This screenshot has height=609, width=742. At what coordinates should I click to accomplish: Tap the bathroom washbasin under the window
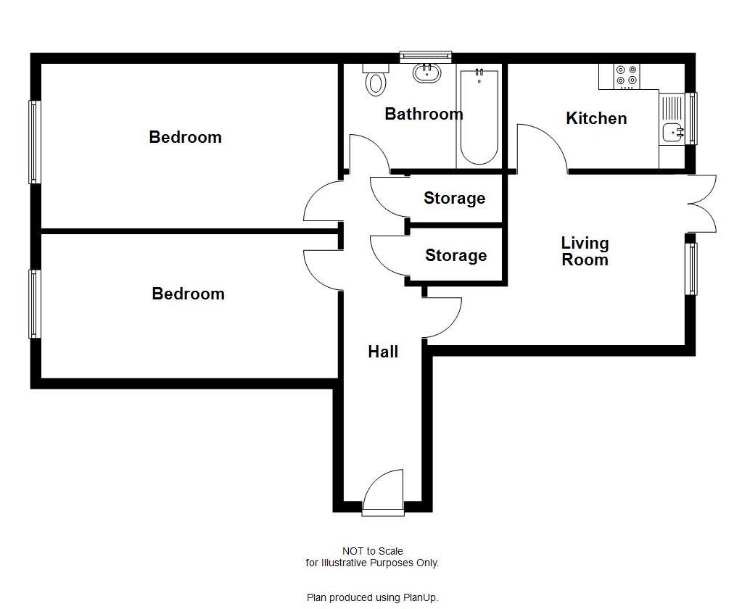426,72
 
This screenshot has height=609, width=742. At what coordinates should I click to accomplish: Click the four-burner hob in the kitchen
626,75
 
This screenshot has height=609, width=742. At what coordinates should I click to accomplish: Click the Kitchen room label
596,118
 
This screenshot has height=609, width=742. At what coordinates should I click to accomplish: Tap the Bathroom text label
424,114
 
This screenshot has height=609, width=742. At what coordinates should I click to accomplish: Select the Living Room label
585,251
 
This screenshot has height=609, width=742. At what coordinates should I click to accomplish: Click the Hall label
383,352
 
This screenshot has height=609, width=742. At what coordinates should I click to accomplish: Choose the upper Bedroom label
185,137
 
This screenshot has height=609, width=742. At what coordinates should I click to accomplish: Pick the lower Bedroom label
188,294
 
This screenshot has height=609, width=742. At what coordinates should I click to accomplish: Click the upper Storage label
454,198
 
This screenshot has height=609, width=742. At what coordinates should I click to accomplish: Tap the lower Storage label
455,255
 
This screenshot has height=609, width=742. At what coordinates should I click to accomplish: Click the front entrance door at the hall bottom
382,493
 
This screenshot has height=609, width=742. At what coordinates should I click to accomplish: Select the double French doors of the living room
702,204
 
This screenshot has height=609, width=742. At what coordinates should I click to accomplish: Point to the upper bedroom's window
33,141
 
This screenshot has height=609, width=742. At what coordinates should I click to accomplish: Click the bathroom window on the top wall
426,57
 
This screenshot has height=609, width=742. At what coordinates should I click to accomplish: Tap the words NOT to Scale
372,551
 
